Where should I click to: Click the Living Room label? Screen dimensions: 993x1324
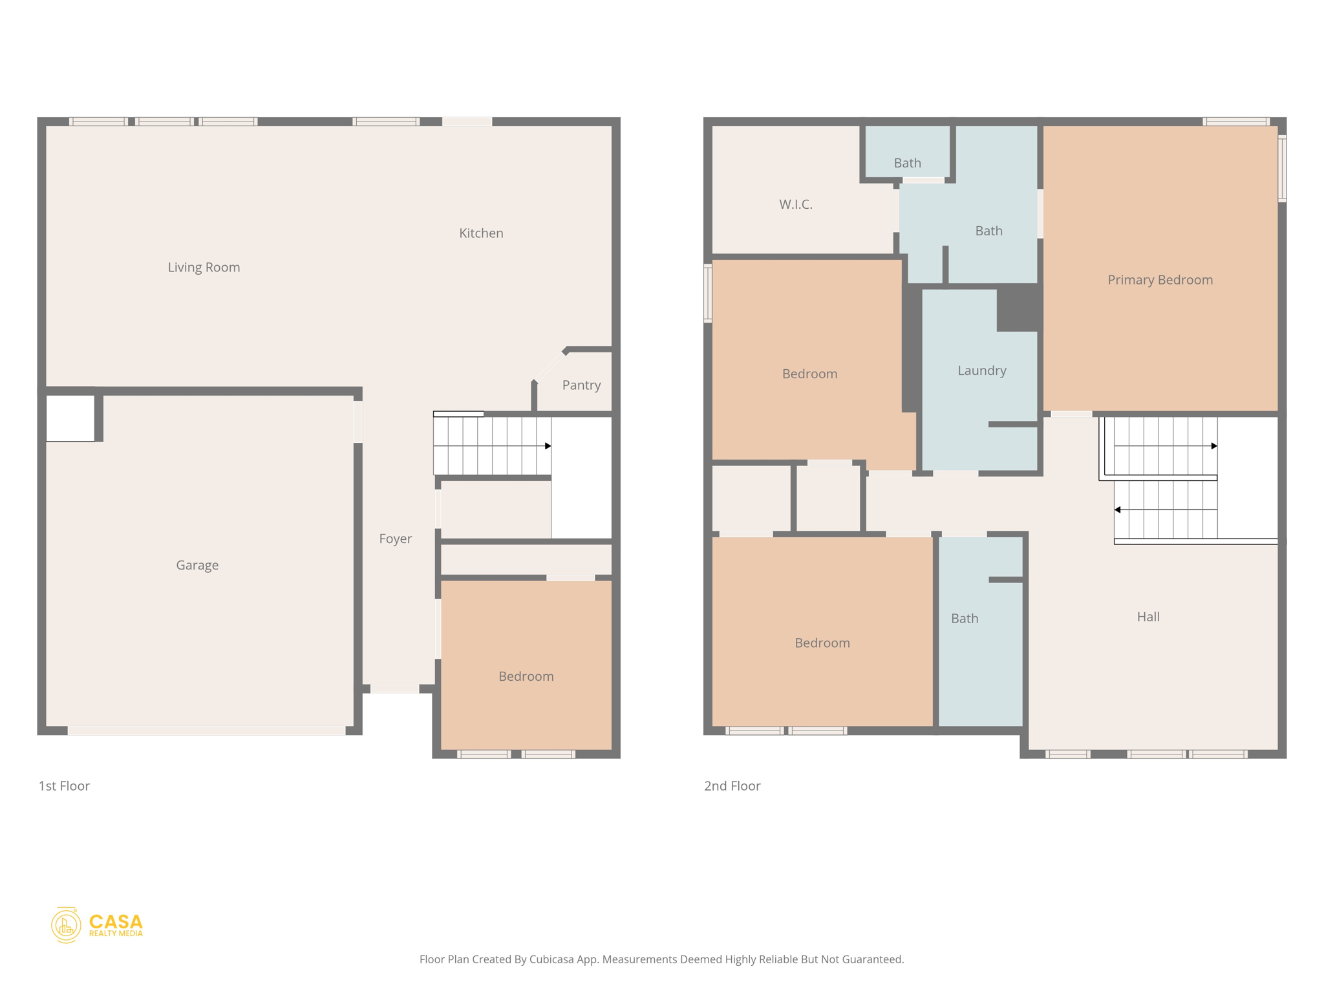point(204,267)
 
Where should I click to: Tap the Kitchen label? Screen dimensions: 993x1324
point(481,233)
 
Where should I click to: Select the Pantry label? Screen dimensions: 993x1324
point(581,385)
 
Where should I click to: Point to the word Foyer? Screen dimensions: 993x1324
point(395,539)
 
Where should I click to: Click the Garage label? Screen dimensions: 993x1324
point(197,565)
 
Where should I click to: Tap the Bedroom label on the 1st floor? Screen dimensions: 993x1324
point(526,676)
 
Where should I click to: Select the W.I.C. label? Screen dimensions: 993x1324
point(795,204)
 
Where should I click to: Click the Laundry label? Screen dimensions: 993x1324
point(981,370)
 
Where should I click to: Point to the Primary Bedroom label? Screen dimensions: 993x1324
point(1160,280)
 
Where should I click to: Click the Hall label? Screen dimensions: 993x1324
point(1148,617)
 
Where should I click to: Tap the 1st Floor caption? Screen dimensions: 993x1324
point(64,786)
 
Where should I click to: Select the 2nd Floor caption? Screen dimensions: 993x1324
point(732,786)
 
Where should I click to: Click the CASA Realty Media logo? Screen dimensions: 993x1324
point(97,925)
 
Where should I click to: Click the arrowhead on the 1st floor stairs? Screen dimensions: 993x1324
point(548,446)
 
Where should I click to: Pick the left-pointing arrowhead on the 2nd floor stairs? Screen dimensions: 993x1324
point(1118,510)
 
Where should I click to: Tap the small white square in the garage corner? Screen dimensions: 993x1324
point(70,418)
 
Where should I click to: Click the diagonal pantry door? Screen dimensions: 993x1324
point(548,367)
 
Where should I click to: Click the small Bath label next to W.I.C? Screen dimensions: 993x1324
point(907,163)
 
